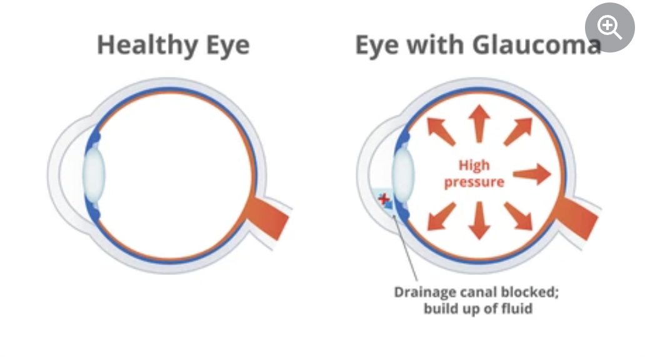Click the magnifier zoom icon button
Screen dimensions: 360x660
point(609,28)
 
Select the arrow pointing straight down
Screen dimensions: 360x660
point(479,221)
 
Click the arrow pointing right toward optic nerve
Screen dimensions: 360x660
point(532,174)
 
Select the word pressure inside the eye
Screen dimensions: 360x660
point(474,182)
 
